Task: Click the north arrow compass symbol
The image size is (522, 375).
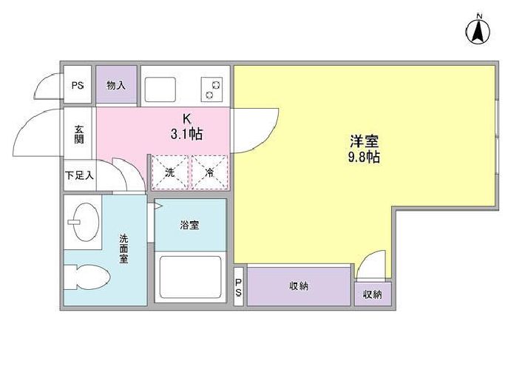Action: tap(478, 33)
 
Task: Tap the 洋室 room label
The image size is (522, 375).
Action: tap(364, 141)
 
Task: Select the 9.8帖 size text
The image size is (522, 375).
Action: tap(364, 157)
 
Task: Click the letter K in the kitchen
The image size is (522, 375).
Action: tap(187, 118)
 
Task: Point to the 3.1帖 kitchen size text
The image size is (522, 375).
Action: tap(186, 134)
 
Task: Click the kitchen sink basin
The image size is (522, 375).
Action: tap(160, 89)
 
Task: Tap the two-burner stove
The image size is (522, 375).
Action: tap(211, 89)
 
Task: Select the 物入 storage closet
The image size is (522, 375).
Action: tap(116, 84)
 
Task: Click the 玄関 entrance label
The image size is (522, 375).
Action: tap(79, 134)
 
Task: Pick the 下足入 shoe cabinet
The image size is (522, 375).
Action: tap(80, 175)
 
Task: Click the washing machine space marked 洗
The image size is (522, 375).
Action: tap(170, 172)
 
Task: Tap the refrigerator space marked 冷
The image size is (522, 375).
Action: tap(210, 172)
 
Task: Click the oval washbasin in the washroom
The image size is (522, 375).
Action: tap(86, 221)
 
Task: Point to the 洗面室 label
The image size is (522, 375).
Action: tap(123, 249)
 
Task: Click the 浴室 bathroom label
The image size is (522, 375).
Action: tap(189, 225)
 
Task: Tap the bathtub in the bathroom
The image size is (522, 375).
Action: tap(191, 277)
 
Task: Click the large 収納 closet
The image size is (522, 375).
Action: tap(299, 286)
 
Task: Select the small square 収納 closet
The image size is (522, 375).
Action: tap(373, 294)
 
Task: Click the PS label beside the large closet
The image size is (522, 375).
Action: tap(238, 288)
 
